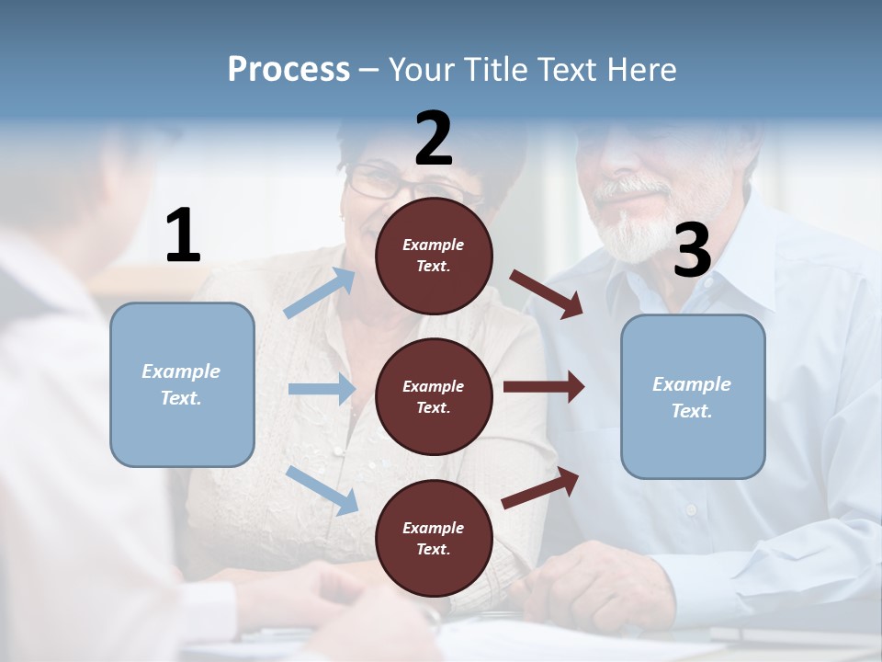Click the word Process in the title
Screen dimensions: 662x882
coord(288,70)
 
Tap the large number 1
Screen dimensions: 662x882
coord(183,236)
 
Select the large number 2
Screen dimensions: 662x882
coord(434,139)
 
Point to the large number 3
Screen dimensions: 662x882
coord(692,251)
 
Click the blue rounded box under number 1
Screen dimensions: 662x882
coord(182,384)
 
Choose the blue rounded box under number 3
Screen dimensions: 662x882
coord(693,396)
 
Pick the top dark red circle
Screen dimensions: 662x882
coord(434,256)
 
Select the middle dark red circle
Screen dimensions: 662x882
coord(434,396)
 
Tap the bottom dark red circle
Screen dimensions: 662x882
coord(434,538)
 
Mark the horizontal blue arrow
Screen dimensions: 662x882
coord(322,389)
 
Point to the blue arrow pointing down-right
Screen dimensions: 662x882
coord(322,489)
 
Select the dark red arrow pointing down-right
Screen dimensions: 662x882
coord(547,293)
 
